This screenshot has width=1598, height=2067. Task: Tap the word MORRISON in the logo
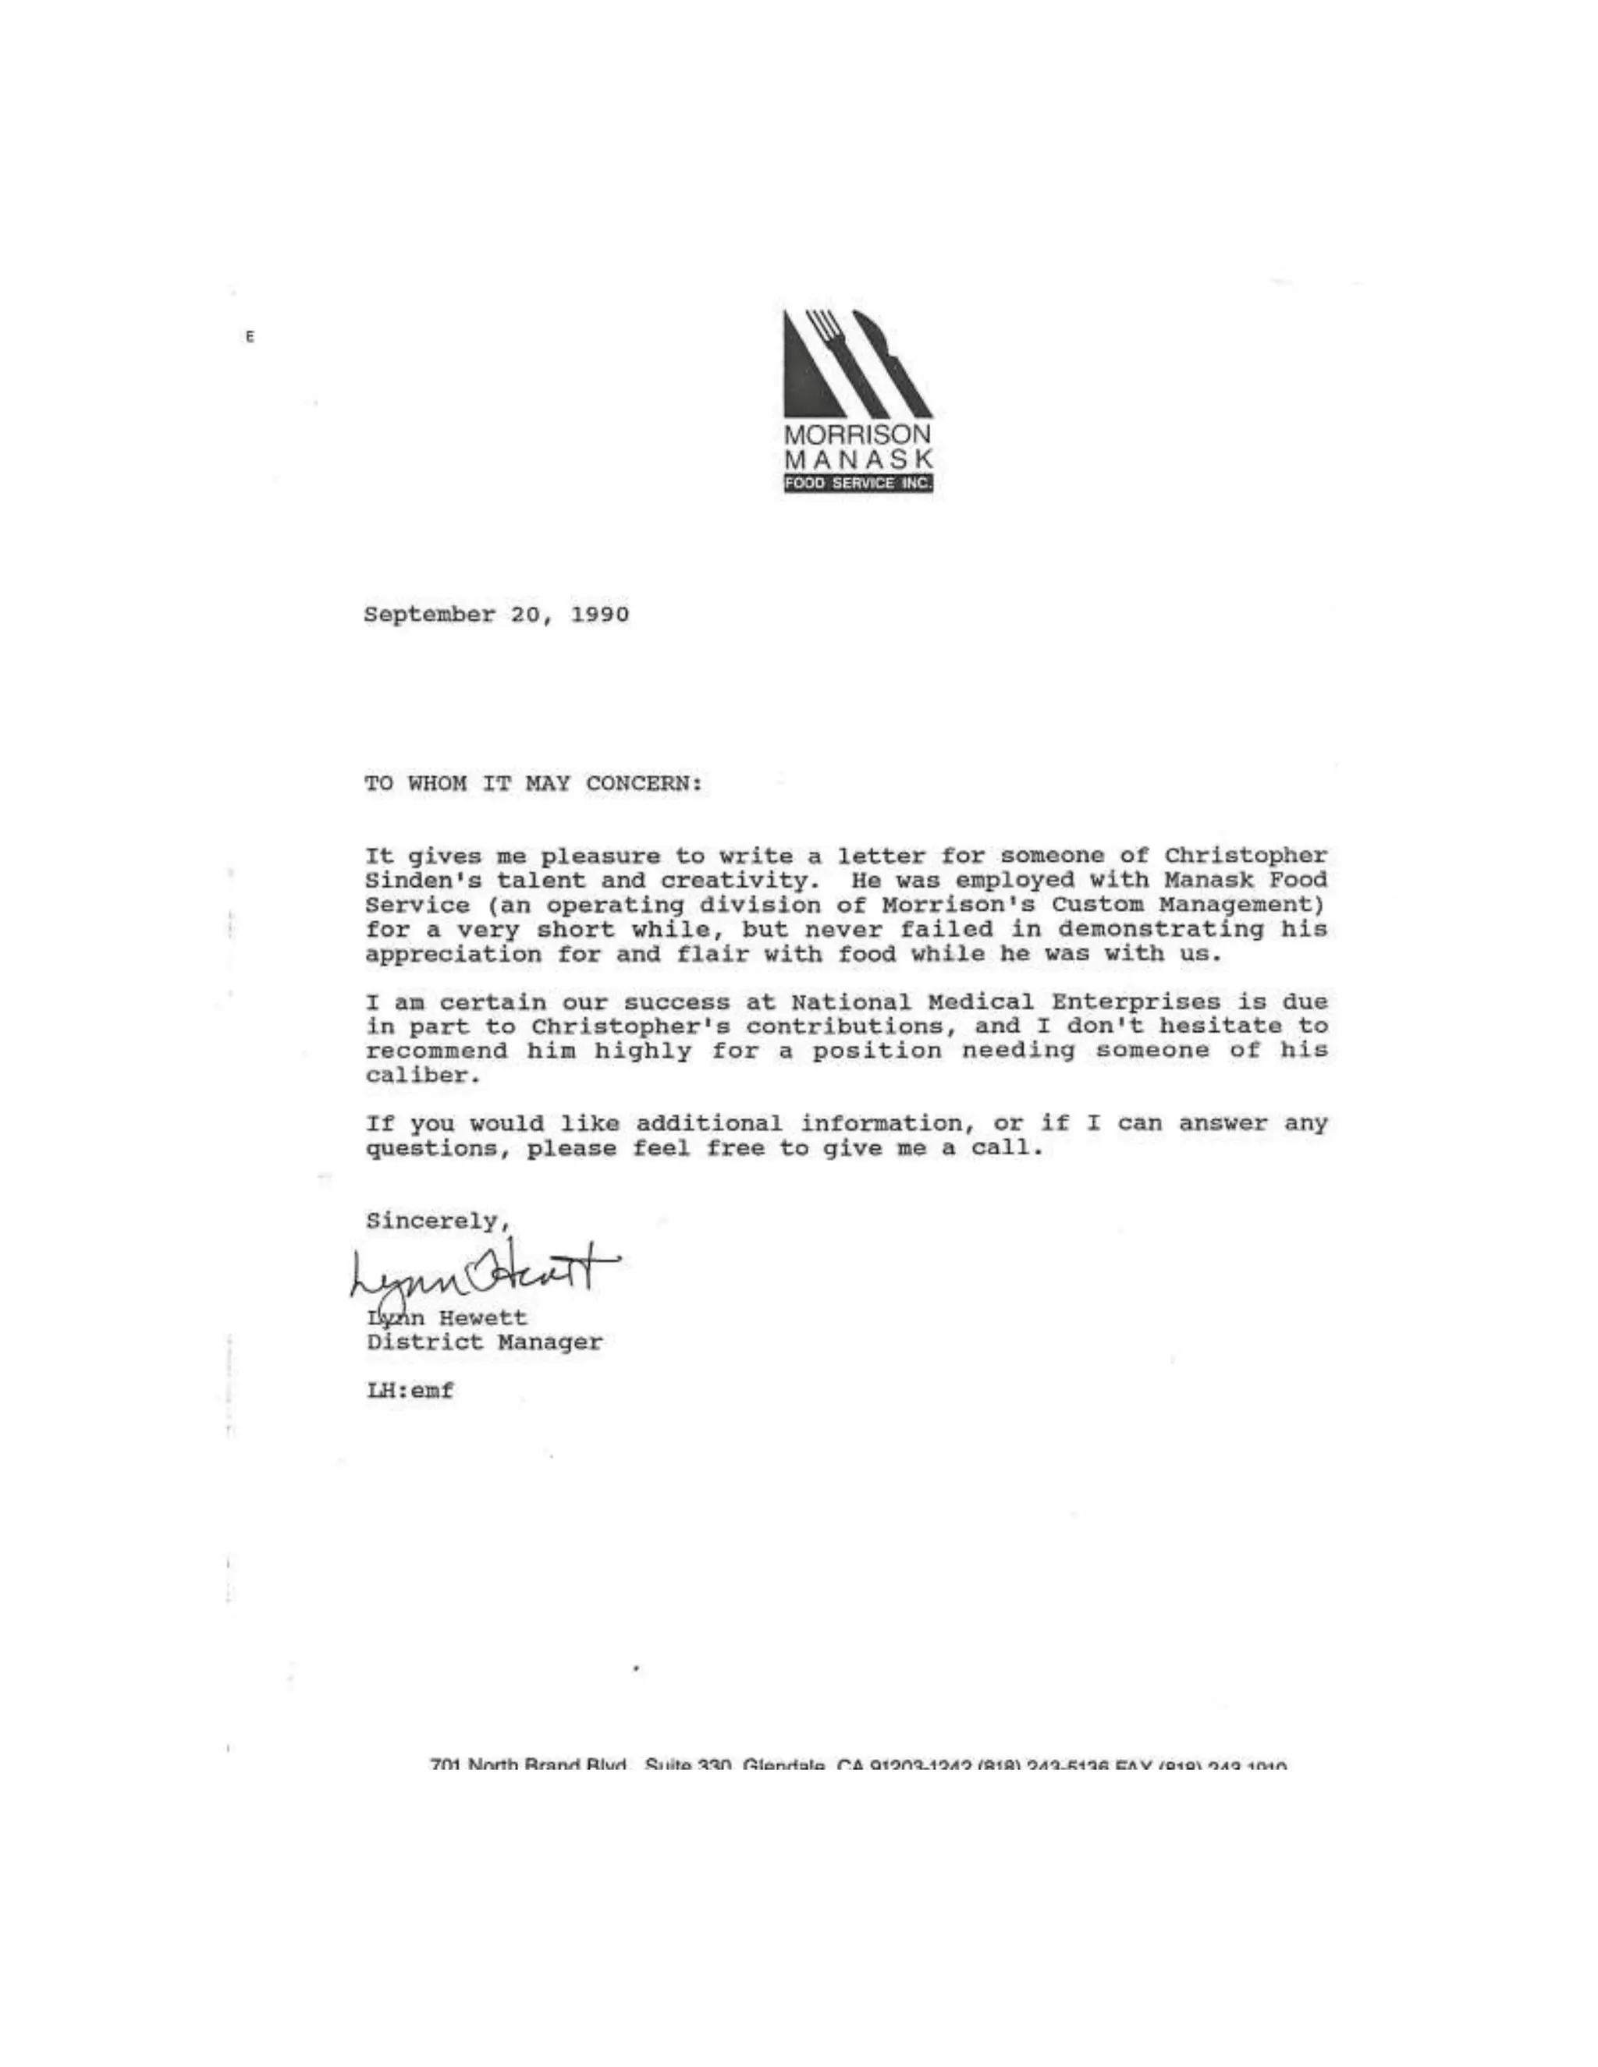click(858, 435)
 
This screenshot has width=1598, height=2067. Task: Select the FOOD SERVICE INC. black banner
click(858, 484)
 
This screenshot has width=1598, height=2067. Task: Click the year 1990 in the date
click(599, 615)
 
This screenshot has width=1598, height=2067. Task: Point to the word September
click(429, 615)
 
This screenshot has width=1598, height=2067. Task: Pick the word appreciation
click(453, 955)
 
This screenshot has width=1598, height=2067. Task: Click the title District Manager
click(484, 1343)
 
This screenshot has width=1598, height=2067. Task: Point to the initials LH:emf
click(410, 1392)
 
